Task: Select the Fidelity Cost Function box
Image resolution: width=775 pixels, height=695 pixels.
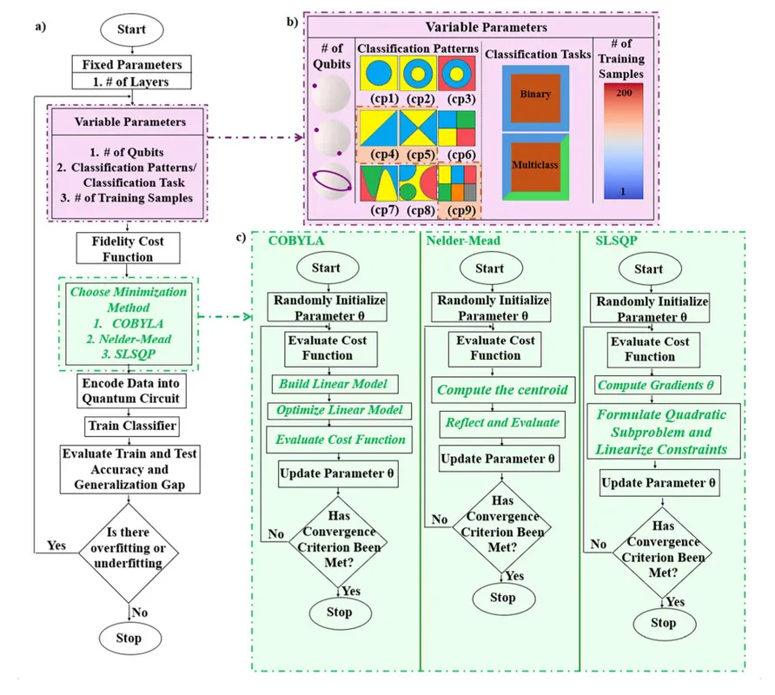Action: [x=129, y=248]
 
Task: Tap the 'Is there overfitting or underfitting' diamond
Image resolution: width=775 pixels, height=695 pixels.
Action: [x=129, y=553]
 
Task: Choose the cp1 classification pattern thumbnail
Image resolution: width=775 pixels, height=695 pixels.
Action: [x=377, y=72]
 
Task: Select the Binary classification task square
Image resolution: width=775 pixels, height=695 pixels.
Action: [x=535, y=94]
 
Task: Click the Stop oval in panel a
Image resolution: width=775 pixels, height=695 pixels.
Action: [x=128, y=639]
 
